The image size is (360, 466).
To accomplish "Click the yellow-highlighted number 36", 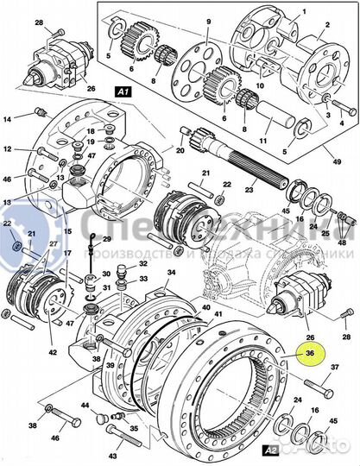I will (x=309, y=352).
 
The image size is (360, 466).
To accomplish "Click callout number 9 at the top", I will (x=206, y=19).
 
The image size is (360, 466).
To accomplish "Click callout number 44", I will (x=84, y=405).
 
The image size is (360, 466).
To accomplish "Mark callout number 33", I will (x=143, y=279).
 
